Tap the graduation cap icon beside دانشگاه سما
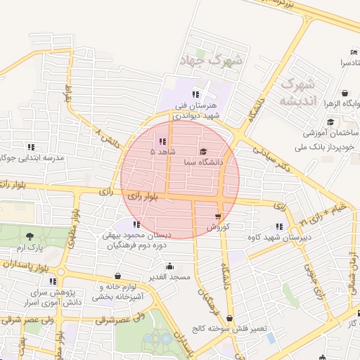tap(204, 151)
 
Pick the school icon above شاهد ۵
tap(162, 141)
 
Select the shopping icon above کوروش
tap(218, 215)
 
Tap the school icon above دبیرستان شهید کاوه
tap(279, 226)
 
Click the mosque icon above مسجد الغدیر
tap(170, 266)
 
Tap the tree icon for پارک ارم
tap(29, 237)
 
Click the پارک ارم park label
tap(29, 248)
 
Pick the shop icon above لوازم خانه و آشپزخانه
tap(117, 276)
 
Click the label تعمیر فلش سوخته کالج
tap(229, 329)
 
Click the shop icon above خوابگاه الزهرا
tap(345, 92)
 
